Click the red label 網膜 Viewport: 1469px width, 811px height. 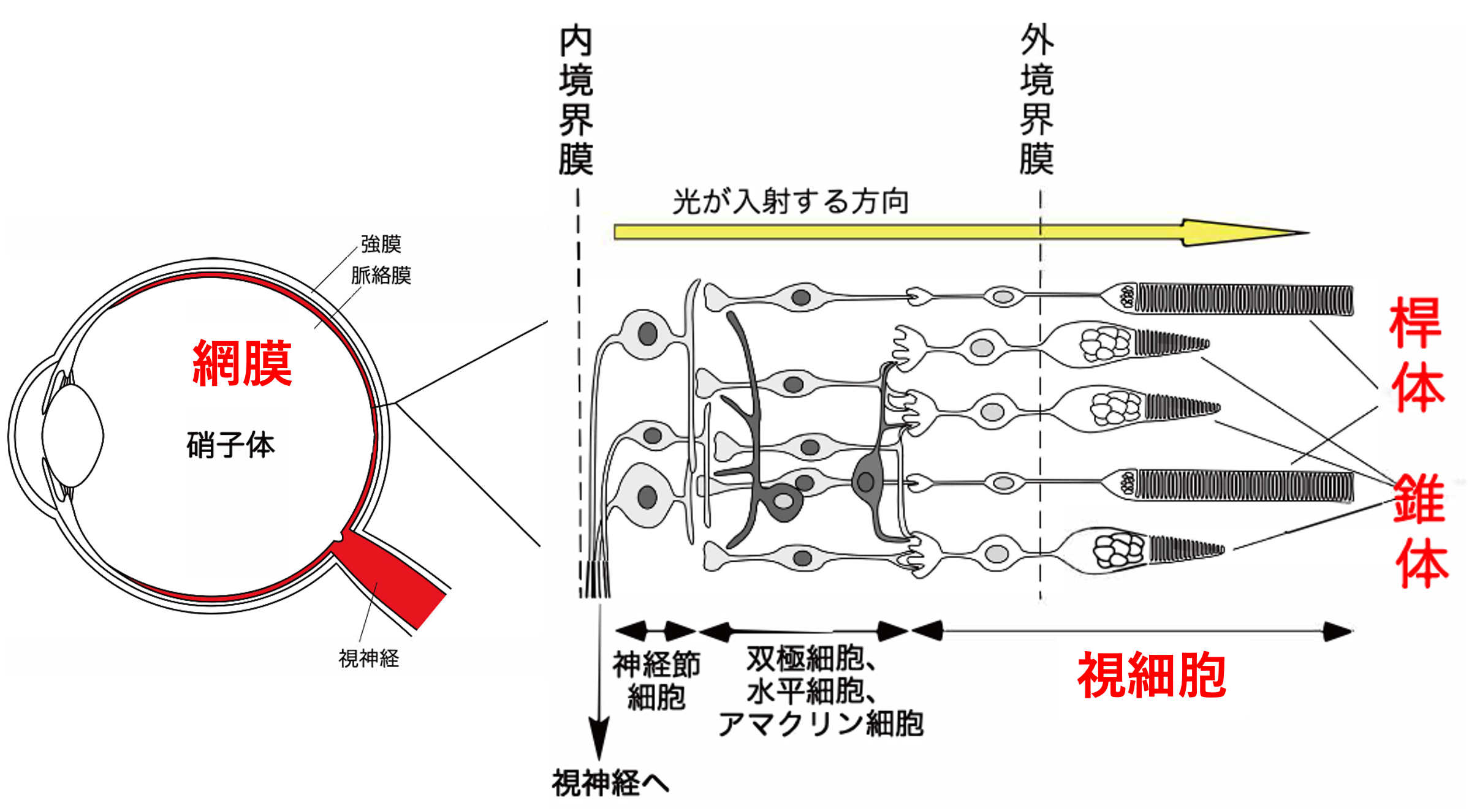(x=242, y=363)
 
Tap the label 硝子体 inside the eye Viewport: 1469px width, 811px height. (x=230, y=444)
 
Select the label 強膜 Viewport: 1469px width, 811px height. (x=381, y=244)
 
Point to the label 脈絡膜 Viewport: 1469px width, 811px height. (x=381, y=275)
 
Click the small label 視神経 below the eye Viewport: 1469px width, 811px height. (x=369, y=658)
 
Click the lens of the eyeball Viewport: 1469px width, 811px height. (x=73, y=436)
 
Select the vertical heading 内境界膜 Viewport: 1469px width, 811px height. (x=576, y=100)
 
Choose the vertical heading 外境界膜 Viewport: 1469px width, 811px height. (x=1037, y=100)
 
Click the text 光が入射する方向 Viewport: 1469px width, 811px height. (x=791, y=202)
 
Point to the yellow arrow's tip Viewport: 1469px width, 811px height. (x=1308, y=233)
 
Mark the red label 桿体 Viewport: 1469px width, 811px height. (x=1417, y=355)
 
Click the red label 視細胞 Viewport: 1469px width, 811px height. (x=1152, y=675)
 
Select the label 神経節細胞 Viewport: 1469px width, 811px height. (x=656, y=681)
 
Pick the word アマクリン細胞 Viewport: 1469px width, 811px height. (x=821, y=724)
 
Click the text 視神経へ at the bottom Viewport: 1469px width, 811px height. (x=610, y=783)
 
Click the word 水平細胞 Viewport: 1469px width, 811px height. (x=805, y=692)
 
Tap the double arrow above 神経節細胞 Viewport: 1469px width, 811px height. (x=656, y=630)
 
